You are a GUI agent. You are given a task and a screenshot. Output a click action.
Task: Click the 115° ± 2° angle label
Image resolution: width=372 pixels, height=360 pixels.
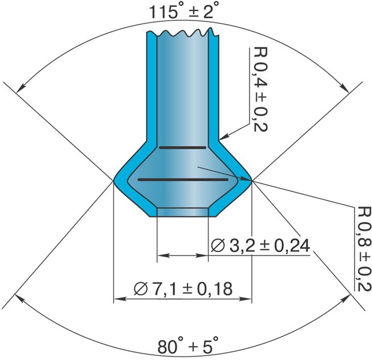pyautogui.click(x=183, y=12)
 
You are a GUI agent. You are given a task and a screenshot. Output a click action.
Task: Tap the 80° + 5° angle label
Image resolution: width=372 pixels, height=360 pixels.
pyautogui.click(x=187, y=346)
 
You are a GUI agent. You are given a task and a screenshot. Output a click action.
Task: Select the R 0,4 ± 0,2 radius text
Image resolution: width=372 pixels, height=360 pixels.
pyautogui.click(x=260, y=89)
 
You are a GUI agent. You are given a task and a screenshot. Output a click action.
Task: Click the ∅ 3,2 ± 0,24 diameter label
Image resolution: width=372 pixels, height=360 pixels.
pyautogui.click(x=260, y=245)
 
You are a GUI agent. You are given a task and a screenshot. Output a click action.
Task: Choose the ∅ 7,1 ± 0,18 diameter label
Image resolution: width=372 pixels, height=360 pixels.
pyautogui.click(x=183, y=288)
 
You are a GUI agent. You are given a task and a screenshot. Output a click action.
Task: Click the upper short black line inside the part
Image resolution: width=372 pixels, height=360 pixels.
pyautogui.click(x=182, y=148)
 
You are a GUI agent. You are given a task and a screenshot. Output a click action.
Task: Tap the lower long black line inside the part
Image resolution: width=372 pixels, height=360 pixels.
pyautogui.click(x=183, y=179)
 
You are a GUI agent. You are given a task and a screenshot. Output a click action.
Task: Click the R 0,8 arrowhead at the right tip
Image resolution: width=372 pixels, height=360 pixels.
pyautogui.click(x=246, y=179)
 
